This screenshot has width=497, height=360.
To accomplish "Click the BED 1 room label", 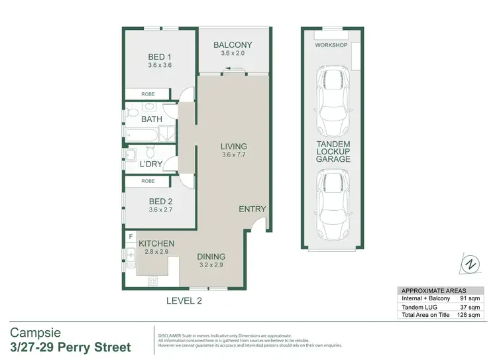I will point(159,56).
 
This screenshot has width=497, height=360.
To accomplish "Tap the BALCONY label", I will point(233,45).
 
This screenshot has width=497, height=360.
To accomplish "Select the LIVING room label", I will point(234,147).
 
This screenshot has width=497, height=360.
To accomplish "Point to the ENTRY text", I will point(252,209).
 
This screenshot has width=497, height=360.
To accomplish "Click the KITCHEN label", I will point(156,244).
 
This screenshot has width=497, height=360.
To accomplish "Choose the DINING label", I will point(211,257).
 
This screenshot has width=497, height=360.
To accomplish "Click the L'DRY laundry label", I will point(152,164).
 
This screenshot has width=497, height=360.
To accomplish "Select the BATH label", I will point(152,119).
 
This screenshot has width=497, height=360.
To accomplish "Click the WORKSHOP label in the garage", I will point(331,45).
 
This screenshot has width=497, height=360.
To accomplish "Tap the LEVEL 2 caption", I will point(184,300).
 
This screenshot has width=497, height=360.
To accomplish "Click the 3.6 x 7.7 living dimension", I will point(234,156).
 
